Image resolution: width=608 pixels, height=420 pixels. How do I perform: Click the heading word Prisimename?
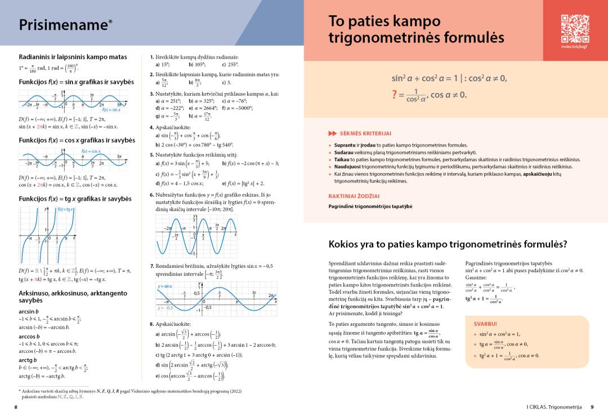62,25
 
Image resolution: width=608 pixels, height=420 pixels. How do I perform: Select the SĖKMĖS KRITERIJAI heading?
365,133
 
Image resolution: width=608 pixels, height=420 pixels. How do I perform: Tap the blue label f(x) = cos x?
91,151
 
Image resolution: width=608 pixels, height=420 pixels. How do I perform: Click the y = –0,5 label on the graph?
164,308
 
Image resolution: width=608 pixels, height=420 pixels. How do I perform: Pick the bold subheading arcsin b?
29,311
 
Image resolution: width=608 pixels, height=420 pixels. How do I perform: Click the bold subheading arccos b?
29,336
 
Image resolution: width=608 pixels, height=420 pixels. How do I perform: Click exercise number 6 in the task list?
151,195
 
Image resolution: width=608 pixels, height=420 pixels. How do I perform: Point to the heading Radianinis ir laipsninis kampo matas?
73,57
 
